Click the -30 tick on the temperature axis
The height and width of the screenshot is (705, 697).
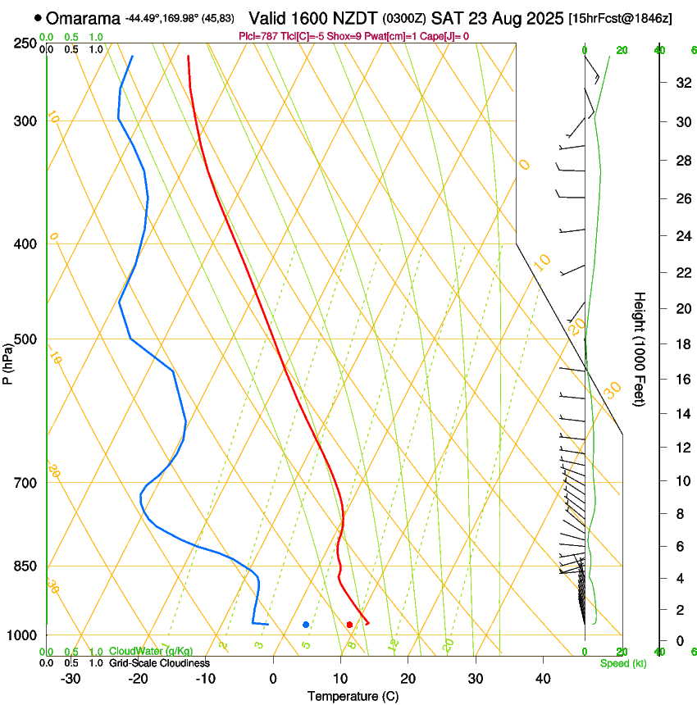coord(71,678)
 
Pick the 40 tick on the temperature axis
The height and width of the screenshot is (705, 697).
coord(543,678)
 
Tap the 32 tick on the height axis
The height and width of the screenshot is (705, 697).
coord(681,83)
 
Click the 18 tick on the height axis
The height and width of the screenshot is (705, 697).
coord(681,344)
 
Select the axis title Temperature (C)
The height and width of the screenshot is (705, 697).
coord(353,696)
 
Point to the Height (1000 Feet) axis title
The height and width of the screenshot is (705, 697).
coord(640,348)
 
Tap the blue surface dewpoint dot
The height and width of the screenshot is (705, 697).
coord(306,625)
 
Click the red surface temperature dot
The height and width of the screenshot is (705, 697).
coord(350,625)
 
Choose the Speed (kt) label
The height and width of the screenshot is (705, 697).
coord(622,663)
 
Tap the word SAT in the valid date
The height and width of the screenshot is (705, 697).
coord(447,18)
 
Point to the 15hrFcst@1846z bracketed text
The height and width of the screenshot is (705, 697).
coord(620,18)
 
